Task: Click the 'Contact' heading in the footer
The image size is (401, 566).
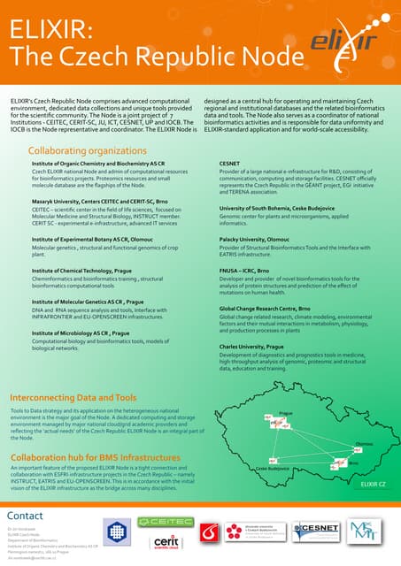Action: pos(25,516)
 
